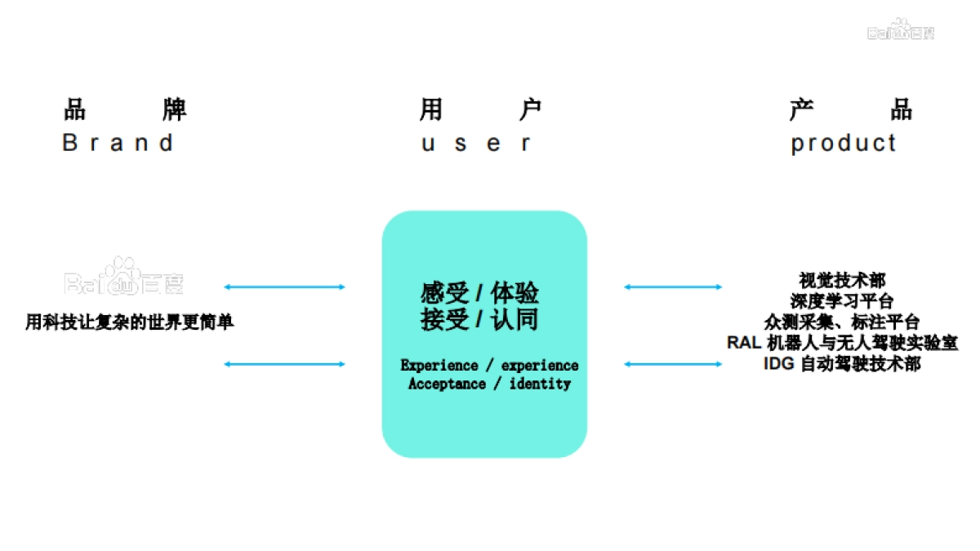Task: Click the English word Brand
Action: [118, 143]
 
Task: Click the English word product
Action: [844, 143]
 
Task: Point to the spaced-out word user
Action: [476, 144]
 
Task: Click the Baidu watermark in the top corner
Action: [901, 30]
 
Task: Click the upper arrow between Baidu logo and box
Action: [284, 287]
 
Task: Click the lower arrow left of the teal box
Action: [284, 364]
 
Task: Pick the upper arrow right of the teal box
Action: [673, 287]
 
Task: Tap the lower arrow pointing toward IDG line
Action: [673, 364]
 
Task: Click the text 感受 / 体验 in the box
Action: [479, 292]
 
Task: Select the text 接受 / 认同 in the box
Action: [479, 319]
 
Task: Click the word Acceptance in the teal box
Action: [447, 384]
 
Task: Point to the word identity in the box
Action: [540, 384]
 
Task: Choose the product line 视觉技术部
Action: [842, 281]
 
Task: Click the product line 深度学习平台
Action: [842, 301]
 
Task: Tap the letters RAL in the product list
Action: [744, 343]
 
